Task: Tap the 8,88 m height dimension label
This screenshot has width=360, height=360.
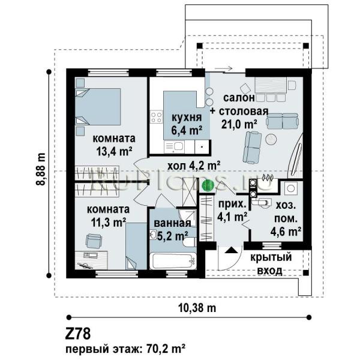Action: pyautogui.click(x=41, y=169)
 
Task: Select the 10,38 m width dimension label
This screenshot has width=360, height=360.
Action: pyautogui.click(x=197, y=308)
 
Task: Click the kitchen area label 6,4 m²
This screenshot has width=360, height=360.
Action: pyautogui.click(x=187, y=130)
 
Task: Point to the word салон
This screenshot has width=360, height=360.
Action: pyautogui.click(x=239, y=98)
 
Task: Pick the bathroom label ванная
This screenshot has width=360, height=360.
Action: pyautogui.click(x=172, y=223)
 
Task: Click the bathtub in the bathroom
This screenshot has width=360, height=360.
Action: pyautogui.click(x=173, y=261)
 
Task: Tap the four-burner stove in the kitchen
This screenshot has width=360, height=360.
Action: pyautogui.click(x=157, y=117)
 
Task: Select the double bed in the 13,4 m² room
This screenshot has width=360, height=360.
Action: pyautogui.click(x=98, y=107)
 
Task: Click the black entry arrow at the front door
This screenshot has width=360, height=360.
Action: pyautogui.click(x=231, y=250)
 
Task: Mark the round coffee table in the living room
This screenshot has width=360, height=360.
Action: pyautogui.click(x=271, y=139)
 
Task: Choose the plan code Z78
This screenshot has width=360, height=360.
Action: pyautogui.click(x=78, y=334)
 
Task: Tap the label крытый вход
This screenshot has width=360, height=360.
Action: pyautogui.click(x=271, y=264)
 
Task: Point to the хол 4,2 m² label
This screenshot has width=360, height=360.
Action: pyautogui.click(x=194, y=166)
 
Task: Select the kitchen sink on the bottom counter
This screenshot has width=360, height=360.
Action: pyautogui.click(x=175, y=147)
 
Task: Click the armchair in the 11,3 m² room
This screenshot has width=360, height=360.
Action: pyautogui.click(x=94, y=241)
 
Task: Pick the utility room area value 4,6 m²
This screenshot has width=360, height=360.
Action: pyautogui.click(x=286, y=232)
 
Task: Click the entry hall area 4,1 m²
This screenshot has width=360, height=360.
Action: pyautogui.click(x=232, y=216)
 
